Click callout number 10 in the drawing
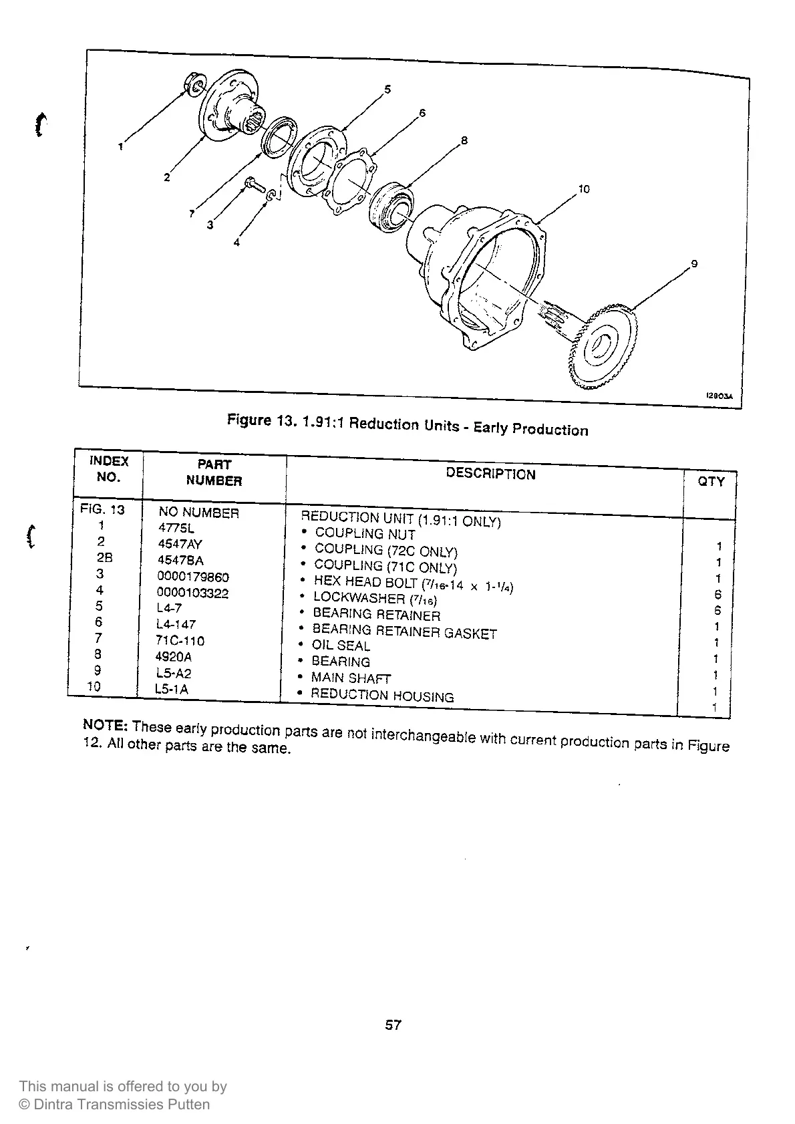584,189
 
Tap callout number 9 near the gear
694,263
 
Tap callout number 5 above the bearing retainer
388,89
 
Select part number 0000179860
193,577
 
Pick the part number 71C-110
180,641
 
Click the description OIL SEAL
341,646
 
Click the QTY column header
711,481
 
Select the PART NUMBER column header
214,472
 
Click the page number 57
393,1024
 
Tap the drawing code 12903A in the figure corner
719,396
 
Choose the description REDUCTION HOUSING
382,695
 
